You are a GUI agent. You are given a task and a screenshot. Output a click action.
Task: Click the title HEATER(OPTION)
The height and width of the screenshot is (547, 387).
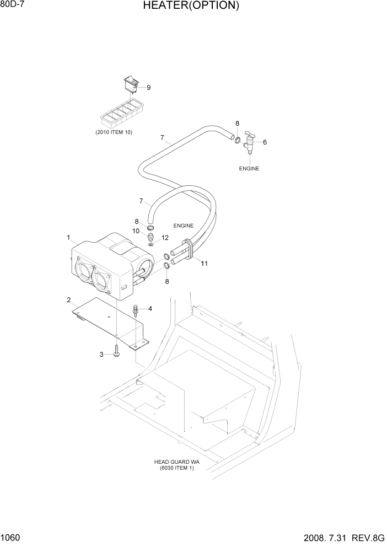click(191, 7)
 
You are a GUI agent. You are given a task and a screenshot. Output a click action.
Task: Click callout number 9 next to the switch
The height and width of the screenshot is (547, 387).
click(148, 87)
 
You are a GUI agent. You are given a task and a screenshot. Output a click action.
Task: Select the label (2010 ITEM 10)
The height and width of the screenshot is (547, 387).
click(114, 132)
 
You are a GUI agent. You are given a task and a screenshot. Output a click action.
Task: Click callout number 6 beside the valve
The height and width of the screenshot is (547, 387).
click(265, 142)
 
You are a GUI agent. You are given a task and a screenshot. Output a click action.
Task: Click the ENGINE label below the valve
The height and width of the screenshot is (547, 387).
click(249, 169)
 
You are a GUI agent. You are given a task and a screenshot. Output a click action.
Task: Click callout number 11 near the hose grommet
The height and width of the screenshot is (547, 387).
click(204, 264)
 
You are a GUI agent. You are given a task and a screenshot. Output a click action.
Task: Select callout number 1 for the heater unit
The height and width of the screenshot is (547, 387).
click(68, 238)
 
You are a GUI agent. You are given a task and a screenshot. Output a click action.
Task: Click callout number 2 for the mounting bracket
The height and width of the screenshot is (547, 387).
click(68, 300)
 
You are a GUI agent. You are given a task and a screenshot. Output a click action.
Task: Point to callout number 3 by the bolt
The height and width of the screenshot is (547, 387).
click(101, 355)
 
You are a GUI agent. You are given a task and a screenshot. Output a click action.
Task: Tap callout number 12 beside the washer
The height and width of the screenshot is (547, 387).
click(165, 238)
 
